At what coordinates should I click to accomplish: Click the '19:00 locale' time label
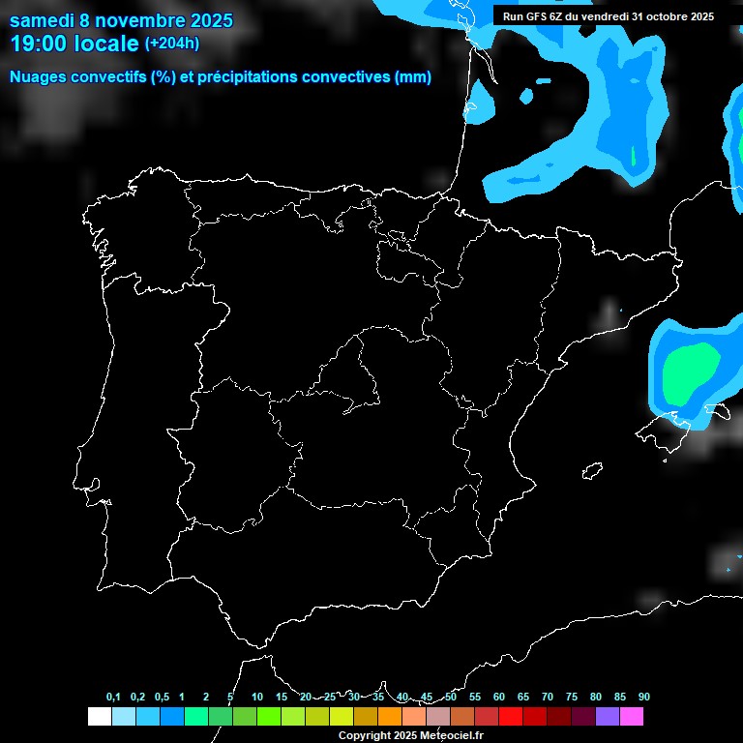[75, 44]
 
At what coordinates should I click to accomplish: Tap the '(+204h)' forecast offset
[171, 44]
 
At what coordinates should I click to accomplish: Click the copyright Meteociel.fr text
[410, 735]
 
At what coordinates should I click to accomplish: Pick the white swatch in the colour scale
[99, 716]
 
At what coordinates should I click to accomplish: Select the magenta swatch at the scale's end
[632, 716]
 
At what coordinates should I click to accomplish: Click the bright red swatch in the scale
[511, 716]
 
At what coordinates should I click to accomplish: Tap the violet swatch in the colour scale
[608, 716]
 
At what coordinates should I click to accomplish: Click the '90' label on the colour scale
[644, 697]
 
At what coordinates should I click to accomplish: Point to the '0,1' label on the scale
[113, 697]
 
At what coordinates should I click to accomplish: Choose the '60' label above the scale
[499, 697]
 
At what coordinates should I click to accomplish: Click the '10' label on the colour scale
[257, 697]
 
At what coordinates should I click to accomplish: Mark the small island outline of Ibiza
[591, 470]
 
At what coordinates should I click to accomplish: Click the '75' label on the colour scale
[572, 697]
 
